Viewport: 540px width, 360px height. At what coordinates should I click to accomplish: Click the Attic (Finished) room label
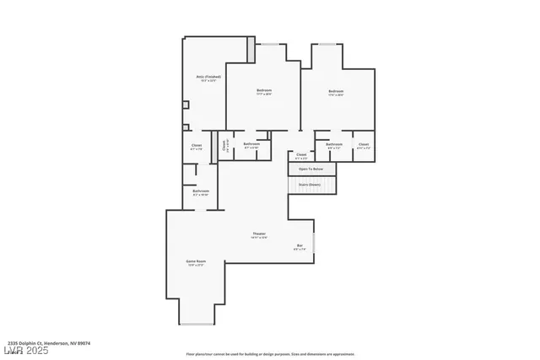202,78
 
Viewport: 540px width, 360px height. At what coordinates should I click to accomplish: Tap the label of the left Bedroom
264,91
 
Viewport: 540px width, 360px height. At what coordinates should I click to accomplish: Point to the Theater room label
259,234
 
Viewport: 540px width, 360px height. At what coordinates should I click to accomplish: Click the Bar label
300,246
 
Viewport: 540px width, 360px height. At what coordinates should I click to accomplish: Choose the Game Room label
195,262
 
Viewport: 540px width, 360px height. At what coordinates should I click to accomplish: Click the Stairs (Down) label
309,184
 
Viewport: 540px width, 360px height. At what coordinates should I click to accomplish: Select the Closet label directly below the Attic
197,146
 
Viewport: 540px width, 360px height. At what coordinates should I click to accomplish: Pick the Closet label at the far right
363,145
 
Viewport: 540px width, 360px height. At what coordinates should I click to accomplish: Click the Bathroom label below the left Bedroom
251,144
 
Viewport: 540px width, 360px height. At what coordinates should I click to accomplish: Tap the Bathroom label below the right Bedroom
334,144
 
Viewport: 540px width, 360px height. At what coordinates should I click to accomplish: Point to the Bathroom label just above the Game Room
201,191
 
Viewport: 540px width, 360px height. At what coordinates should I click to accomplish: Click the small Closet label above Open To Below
301,155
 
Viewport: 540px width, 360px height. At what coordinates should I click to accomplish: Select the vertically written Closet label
224,145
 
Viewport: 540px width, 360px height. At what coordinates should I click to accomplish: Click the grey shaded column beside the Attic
251,49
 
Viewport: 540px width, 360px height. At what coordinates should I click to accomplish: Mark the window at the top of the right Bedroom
327,44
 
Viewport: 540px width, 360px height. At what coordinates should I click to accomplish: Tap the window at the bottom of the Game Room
197,325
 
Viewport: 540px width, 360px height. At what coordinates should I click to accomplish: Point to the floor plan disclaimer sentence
270,354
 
